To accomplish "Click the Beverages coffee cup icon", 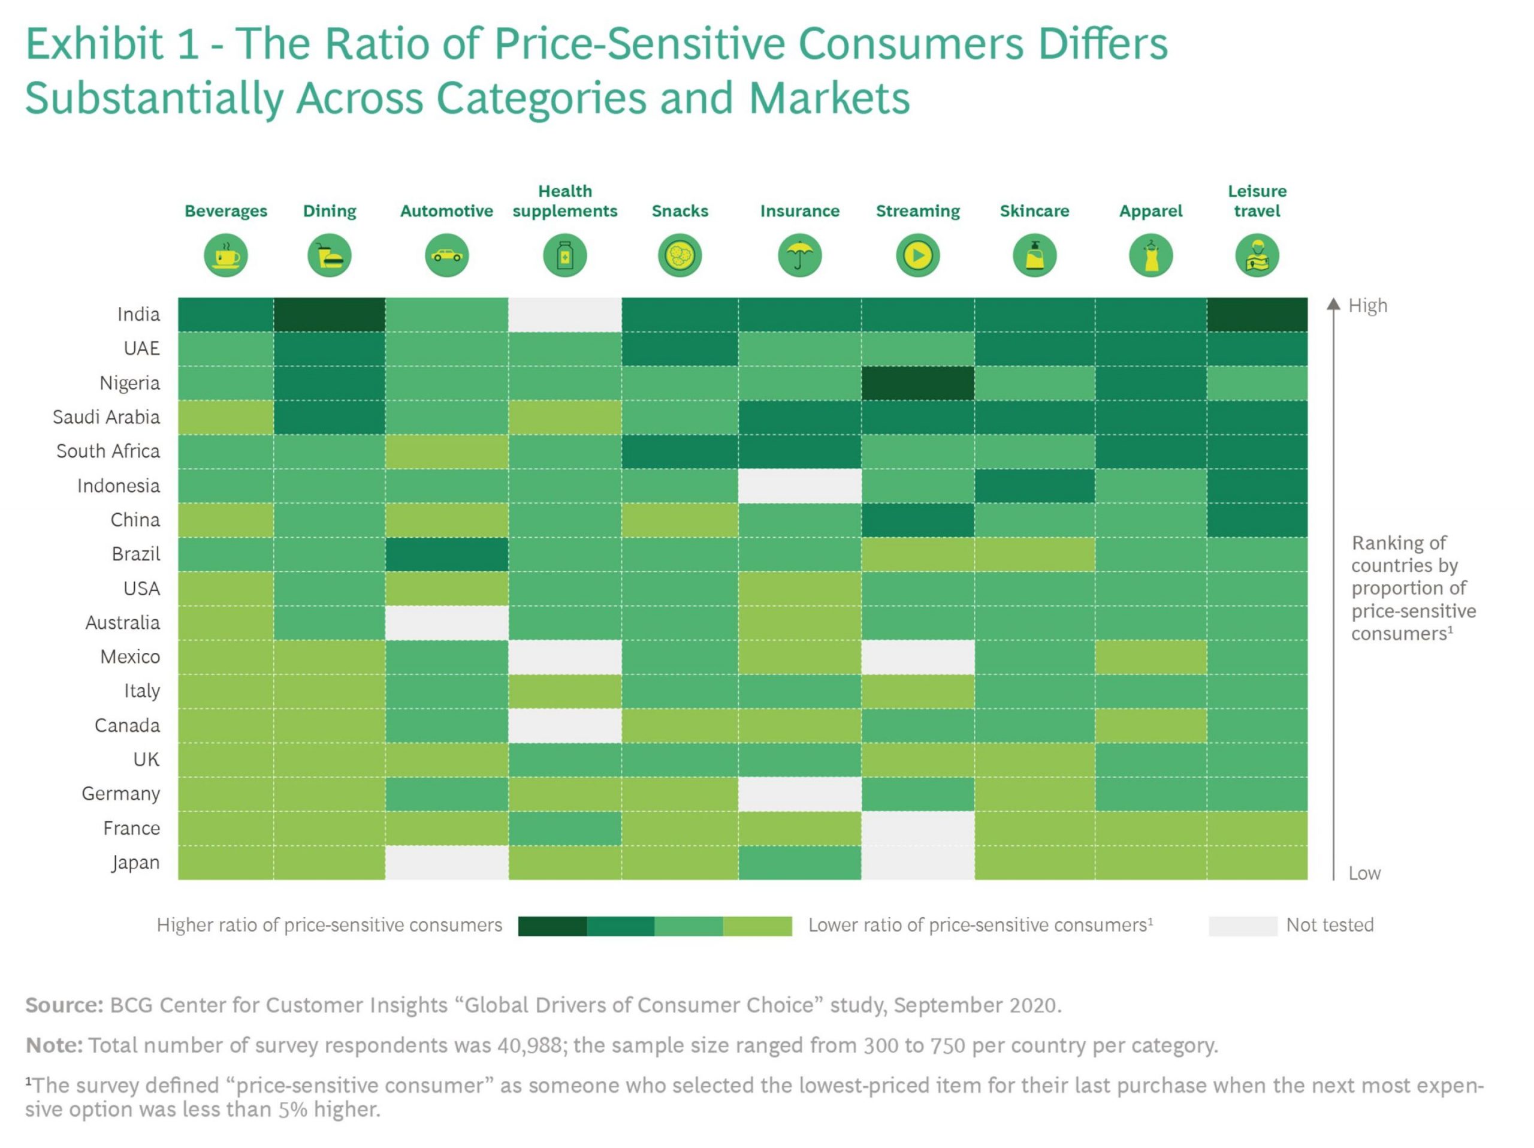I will tap(225, 255).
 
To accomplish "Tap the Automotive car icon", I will tap(446, 255).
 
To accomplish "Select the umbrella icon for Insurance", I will tap(799, 255).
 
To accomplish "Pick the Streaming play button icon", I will tap(917, 255).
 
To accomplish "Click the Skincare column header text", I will tap(1034, 211).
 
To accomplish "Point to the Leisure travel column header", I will tap(1257, 201).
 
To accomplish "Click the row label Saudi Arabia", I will tap(106, 417).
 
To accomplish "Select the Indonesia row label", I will tap(119, 486).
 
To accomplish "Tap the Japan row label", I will tap(136, 862).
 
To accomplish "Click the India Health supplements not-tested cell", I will tap(564, 314).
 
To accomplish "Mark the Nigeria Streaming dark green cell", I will tap(917, 383).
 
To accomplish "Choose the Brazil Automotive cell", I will tap(446, 555).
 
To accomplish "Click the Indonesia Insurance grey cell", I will tap(799, 486).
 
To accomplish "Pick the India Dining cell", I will tap(330, 314).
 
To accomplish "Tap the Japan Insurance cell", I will tap(799, 862).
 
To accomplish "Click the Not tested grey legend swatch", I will tap(1242, 926).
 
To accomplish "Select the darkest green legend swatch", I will tap(552, 926).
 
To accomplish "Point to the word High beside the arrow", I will tap(1367, 305).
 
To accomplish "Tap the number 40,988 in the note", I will tap(529, 1045).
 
